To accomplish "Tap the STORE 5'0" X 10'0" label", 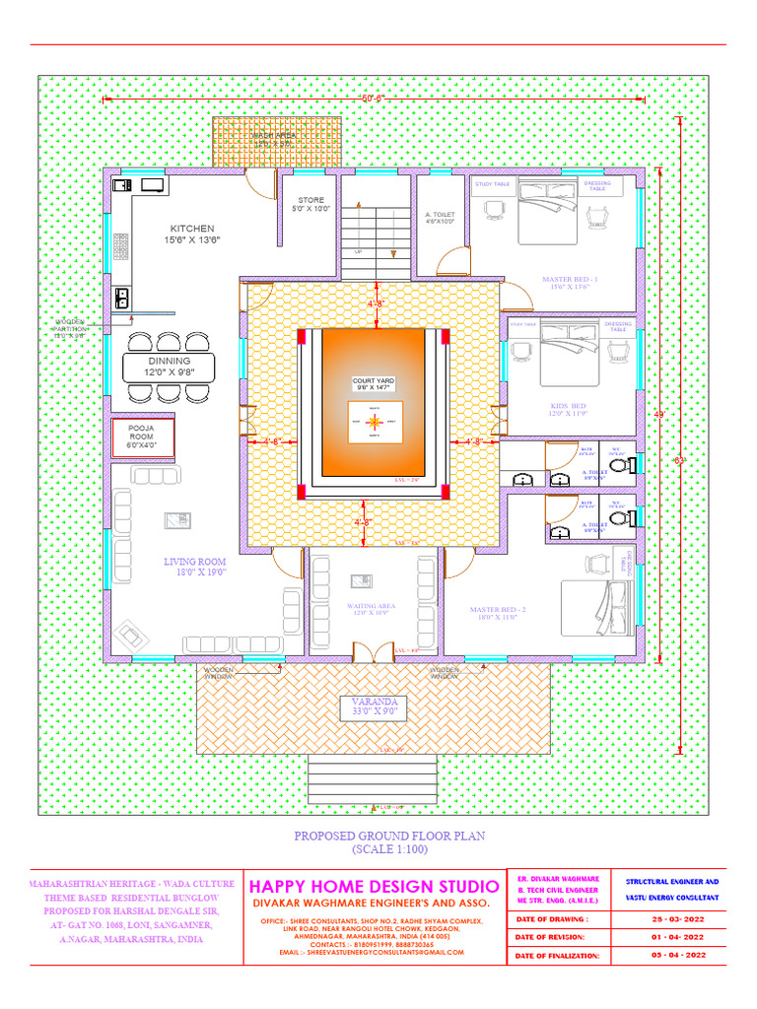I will (x=310, y=204).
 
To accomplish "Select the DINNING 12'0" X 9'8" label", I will (x=170, y=367).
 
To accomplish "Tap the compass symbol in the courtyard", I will (x=373, y=422).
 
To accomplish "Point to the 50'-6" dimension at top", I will (x=373, y=98).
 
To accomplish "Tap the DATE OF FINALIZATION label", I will (x=558, y=956).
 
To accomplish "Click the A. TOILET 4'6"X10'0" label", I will (x=440, y=218).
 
